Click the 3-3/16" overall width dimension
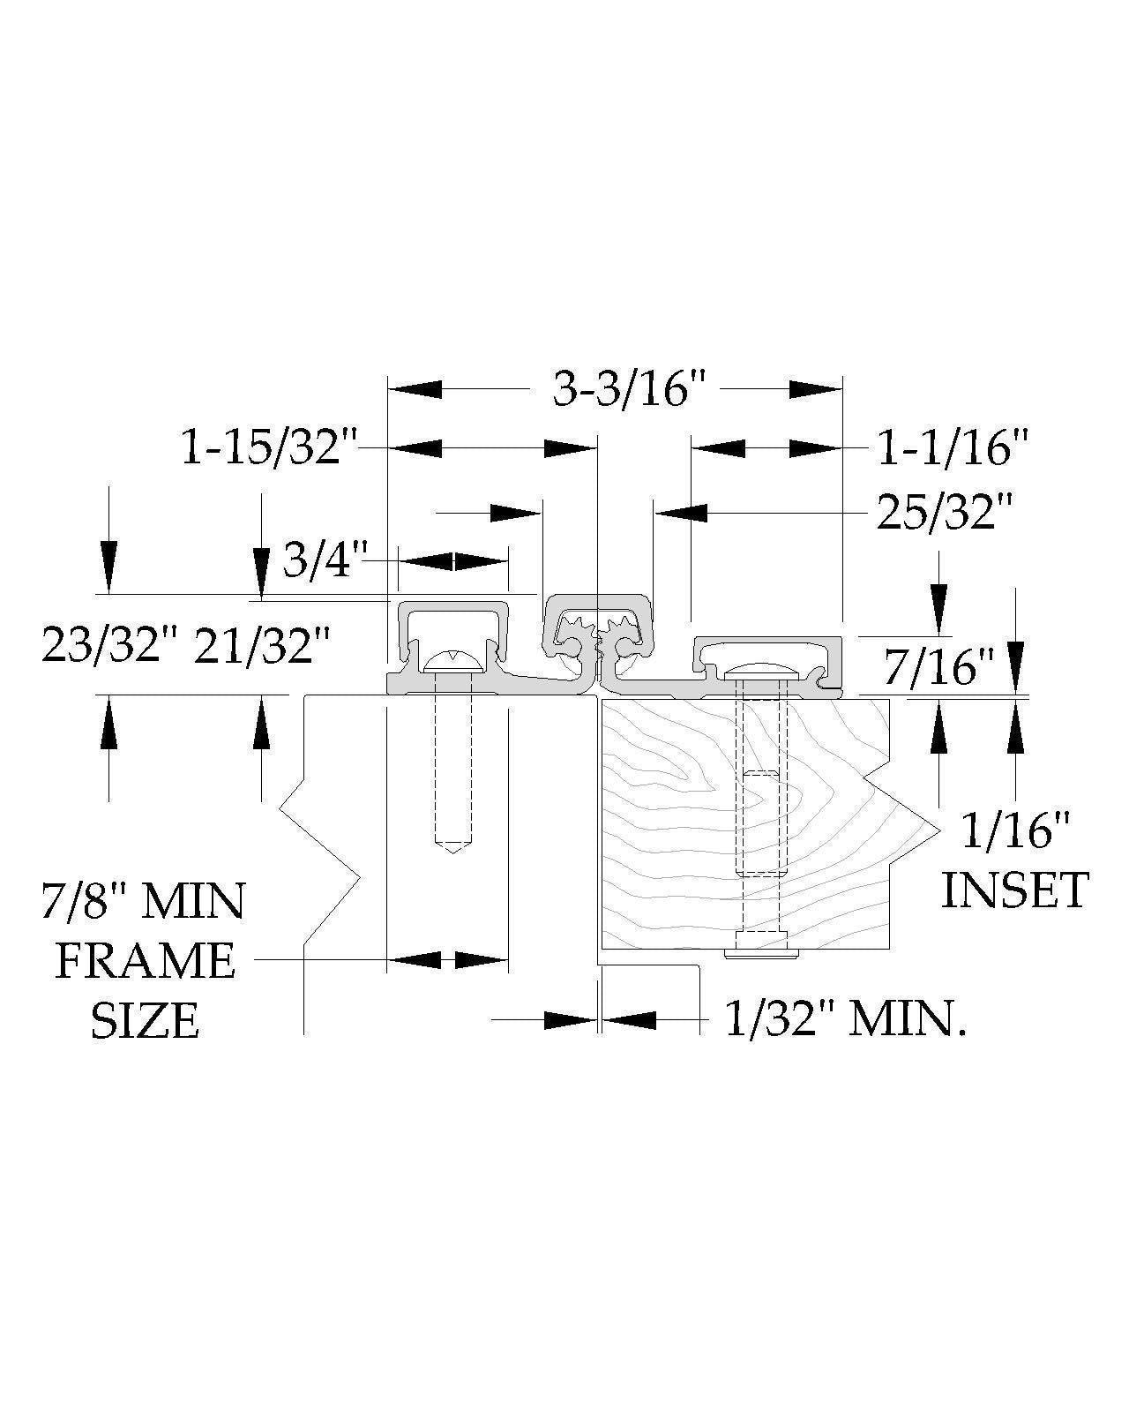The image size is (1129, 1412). coord(628,391)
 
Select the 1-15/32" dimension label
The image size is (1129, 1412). coord(269,450)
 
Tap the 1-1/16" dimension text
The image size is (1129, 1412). coord(952,449)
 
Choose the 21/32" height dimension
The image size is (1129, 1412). coord(261,645)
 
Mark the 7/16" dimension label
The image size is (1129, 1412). coord(938,667)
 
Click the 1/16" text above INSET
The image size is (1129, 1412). coord(1015,830)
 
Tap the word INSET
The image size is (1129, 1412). coord(1015,890)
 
